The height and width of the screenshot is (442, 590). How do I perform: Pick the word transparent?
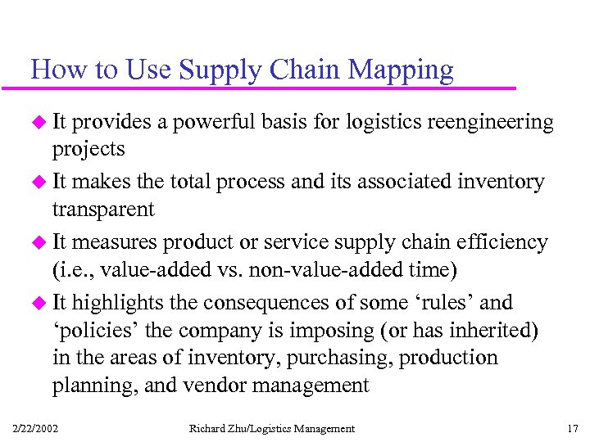pos(103,210)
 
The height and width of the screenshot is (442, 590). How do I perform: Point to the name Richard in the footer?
pos(209,428)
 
